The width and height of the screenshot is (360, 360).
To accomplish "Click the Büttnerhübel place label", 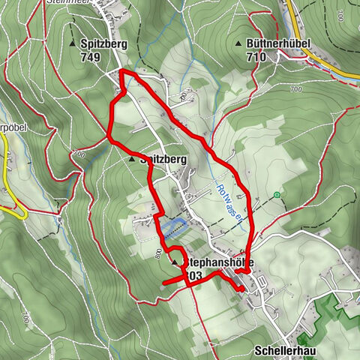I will (275, 44).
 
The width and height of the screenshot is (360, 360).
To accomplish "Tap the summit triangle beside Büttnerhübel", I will (239, 44).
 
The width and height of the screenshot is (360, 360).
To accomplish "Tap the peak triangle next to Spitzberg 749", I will (73, 44).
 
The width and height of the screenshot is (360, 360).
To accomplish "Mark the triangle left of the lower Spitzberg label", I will (132, 160).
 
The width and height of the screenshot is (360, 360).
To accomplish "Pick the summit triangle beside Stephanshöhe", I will (175, 264).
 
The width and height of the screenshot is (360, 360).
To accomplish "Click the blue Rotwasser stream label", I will (229, 202).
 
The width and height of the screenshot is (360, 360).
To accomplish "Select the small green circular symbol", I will (277, 196).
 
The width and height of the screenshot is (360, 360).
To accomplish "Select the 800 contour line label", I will (157, 253).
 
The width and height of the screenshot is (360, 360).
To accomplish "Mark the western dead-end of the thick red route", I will (163, 282).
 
